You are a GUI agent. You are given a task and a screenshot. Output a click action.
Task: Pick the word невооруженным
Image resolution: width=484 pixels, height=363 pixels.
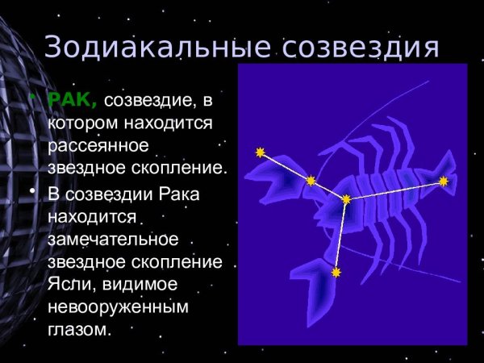(x=118, y=307)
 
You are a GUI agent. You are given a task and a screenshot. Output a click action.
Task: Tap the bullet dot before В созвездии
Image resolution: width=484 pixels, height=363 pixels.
(x=32, y=192)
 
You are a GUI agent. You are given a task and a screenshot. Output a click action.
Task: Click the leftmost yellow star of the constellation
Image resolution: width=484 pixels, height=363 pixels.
(x=260, y=152)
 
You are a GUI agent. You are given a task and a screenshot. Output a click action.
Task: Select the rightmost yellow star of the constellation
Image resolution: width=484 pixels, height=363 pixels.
(x=443, y=181)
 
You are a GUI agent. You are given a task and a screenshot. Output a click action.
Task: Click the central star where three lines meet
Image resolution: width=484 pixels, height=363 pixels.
(x=346, y=198)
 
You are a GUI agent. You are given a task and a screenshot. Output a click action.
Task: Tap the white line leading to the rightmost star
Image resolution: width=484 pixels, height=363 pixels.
(x=395, y=190)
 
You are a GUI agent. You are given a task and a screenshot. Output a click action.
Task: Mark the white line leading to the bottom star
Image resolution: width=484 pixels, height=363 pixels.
(x=341, y=236)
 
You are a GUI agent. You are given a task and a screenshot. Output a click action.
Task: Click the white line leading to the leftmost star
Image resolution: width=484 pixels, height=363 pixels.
(x=285, y=165)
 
